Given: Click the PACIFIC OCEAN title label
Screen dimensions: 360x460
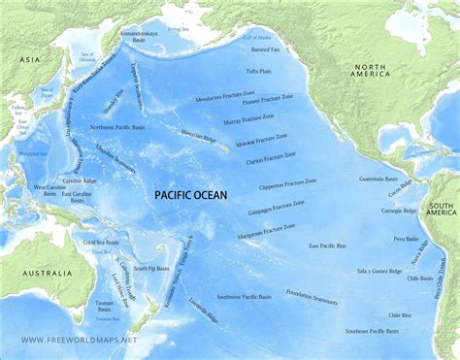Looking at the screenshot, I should coord(191,195).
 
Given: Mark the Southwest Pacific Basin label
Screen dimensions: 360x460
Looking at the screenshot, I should coord(244,295).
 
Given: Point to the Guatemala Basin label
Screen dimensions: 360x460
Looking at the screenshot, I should coord(378,179).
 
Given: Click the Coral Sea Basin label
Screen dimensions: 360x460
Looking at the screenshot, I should coord(99,242).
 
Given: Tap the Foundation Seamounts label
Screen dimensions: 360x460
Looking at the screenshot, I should coord(312,297).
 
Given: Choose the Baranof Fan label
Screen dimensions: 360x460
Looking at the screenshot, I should coord(264,47).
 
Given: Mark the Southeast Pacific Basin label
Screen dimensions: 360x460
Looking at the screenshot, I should coord(372,331).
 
